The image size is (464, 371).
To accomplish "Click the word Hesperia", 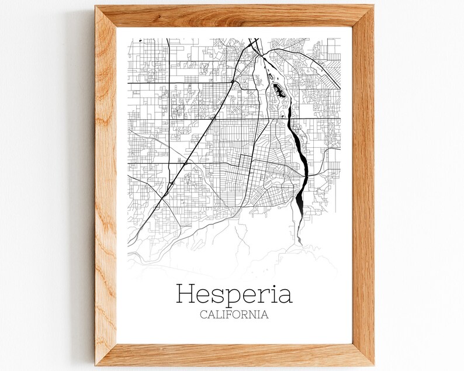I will [x=234, y=294].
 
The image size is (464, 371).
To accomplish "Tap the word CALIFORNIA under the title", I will [x=234, y=315].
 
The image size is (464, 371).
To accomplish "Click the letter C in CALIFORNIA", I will [x=203, y=315].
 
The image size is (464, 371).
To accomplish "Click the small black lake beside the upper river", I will [x=278, y=91].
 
